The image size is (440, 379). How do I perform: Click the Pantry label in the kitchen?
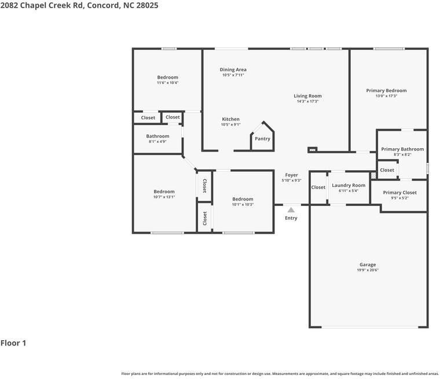point(262,139)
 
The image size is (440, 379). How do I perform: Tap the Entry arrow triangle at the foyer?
point(291,209)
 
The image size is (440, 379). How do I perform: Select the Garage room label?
point(368,264)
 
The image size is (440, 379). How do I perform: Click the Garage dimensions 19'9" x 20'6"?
point(368,270)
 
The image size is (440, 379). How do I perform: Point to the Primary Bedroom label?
point(386,90)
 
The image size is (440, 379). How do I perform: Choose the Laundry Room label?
point(349,185)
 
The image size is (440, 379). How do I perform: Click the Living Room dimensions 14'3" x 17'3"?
point(307,101)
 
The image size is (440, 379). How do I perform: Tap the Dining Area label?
point(233,69)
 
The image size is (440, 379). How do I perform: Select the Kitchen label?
point(230,119)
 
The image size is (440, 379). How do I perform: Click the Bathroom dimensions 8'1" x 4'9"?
point(157,142)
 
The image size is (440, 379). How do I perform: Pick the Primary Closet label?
point(399,193)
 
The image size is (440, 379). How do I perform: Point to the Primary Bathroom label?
point(402,149)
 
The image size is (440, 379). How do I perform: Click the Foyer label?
point(291,175)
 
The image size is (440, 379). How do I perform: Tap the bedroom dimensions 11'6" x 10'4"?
point(167,83)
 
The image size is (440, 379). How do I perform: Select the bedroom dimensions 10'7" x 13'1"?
point(164,197)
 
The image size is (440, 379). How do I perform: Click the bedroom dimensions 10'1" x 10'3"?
point(243,205)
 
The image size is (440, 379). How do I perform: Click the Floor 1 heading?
point(13,343)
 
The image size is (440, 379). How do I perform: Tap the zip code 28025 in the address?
point(146,5)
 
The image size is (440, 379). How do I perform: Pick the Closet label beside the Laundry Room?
point(318,187)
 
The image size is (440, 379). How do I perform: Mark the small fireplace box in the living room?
point(313,150)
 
